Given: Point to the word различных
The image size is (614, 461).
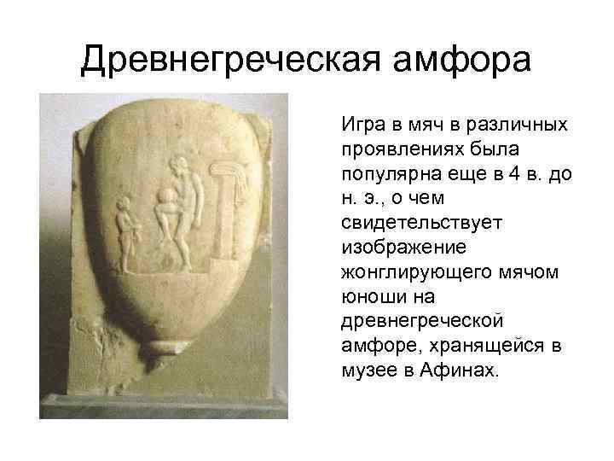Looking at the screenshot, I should click(523, 125).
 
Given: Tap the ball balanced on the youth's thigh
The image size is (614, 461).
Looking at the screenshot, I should click(166, 204).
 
